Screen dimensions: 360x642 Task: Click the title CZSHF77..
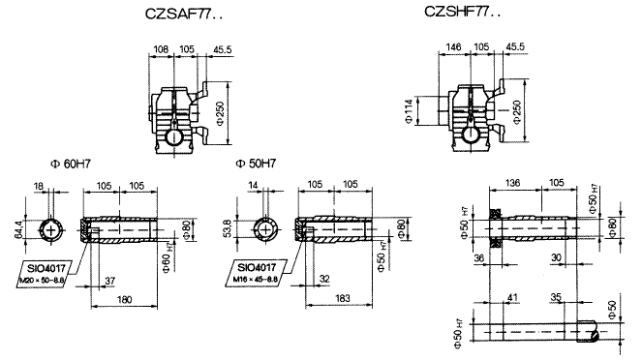coord(463,13)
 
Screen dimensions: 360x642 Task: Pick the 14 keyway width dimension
coord(264,185)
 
